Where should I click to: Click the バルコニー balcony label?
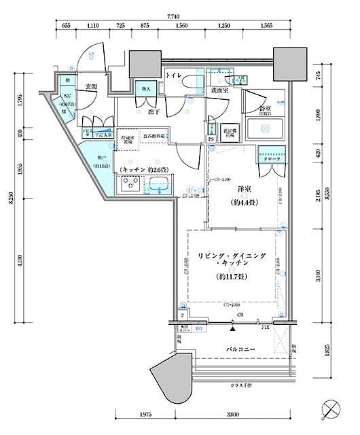(236, 349)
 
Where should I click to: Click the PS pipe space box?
(211, 140)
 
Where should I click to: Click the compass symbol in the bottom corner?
(331, 411)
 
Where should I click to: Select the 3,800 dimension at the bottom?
(233, 415)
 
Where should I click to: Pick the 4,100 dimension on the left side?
(19, 260)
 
